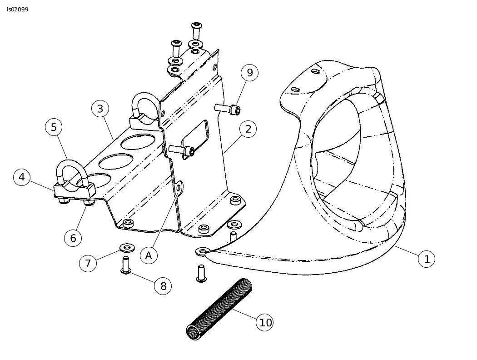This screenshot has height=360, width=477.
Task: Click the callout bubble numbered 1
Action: [427, 259]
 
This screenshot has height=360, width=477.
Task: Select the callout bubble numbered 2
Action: [248, 129]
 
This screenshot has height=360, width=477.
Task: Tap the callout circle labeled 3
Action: [100, 109]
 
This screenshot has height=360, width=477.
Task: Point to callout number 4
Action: [22, 177]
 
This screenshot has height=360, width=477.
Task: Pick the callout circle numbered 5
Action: [54, 127]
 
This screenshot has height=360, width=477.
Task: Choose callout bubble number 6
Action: [73, 238]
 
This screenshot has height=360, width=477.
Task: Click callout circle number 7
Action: [88, 263]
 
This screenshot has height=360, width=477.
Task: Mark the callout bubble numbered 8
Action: [163, 286]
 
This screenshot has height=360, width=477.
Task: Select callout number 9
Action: [249, 73]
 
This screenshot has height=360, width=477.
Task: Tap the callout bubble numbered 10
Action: [265, 322]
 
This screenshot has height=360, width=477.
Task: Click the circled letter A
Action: [149, 255]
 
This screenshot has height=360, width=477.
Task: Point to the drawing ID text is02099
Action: [18, 10]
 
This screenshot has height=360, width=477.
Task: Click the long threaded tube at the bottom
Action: [219, 309]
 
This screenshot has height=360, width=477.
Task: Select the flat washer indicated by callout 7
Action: [127, 248]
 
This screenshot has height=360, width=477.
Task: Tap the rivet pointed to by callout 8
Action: [126, 265]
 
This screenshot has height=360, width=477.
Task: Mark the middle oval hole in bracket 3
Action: [116, 161]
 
